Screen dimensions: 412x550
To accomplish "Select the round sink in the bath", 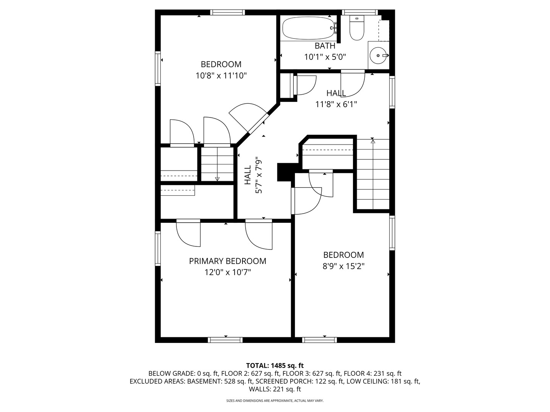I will click(378, 56).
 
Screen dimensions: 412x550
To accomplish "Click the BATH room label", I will click(325, 46).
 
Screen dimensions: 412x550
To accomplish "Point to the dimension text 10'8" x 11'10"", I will click(221, 76).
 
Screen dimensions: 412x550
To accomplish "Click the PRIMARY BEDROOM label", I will click(228, 261).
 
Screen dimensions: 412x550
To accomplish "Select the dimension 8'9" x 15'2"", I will click(343, 266).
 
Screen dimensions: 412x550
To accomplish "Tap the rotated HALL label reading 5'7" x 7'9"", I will click(253, 175).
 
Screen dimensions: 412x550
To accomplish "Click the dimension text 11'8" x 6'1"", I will click(336, 104).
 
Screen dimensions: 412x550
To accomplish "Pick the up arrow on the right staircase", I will click(373, 141).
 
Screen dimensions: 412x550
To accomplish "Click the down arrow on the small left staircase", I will click(217, 178).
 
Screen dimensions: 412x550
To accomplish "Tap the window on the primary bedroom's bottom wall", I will click(225, 340).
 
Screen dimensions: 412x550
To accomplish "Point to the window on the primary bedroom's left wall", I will click(158, 248).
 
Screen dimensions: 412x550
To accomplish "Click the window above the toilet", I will click(359, 12).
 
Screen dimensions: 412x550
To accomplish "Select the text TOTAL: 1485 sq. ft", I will click(275, 365).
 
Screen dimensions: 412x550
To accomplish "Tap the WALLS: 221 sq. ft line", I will click(275, 389).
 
